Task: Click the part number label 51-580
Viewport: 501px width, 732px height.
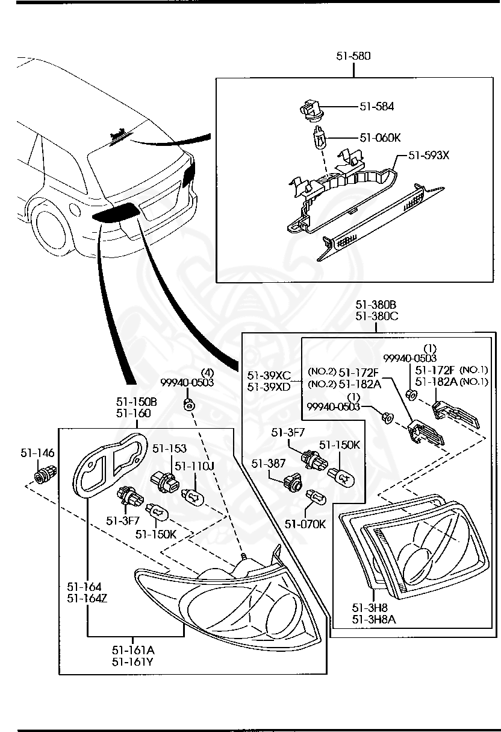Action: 353,56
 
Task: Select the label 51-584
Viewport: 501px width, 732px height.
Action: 377,106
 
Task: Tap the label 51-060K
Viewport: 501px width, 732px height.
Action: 380,137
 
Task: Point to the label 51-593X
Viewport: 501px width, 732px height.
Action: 429,155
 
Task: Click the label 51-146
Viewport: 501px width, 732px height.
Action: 37,452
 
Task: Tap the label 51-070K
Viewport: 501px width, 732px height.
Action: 305,524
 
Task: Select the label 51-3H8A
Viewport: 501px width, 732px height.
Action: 370,619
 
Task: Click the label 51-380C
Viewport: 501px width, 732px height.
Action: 375,315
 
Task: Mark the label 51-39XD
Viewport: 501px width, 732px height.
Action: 269,386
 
